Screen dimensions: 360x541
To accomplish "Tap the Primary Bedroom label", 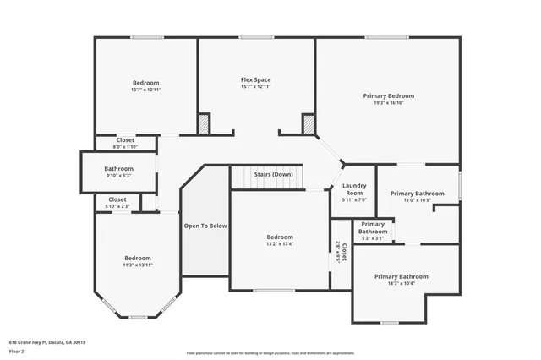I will click(x=389, y=96).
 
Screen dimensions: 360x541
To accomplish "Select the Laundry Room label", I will click(x=354, y=190).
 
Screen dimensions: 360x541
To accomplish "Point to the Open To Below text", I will click(x=205, y=226).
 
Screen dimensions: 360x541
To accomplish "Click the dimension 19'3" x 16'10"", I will click(x=389, y=103).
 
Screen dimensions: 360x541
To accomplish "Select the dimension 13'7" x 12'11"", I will click(x=145, y=90).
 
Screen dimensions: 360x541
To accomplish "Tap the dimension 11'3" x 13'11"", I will click(x=138, y=265).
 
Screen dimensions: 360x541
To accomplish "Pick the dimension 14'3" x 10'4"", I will click(x=401, y=284).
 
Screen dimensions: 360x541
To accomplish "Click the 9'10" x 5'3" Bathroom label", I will click(x=119, y=169).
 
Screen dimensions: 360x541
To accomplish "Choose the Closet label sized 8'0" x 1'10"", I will click(x=125, y=139).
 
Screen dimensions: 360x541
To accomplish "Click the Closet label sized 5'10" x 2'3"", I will click(x=117, y=199).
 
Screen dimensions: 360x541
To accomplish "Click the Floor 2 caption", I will click(x=18, y=350).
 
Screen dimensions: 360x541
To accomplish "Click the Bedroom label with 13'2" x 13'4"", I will click(x=280, y=237).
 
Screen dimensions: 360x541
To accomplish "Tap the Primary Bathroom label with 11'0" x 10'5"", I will click(x=417, y=194).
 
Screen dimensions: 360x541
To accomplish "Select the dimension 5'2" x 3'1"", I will click(x=373, y=238).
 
